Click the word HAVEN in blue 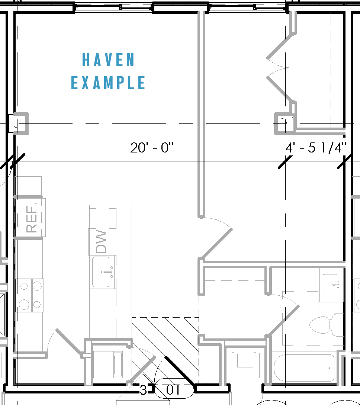click(108, 60)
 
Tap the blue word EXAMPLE click(108, 83)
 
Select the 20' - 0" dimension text click(152, 148)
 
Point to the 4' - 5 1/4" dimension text click(316, 148)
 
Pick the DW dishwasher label click(101, 242)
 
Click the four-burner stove click(30, 295)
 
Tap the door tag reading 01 click(173, 390)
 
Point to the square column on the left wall click(19, 123)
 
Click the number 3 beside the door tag click(144, 390)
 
